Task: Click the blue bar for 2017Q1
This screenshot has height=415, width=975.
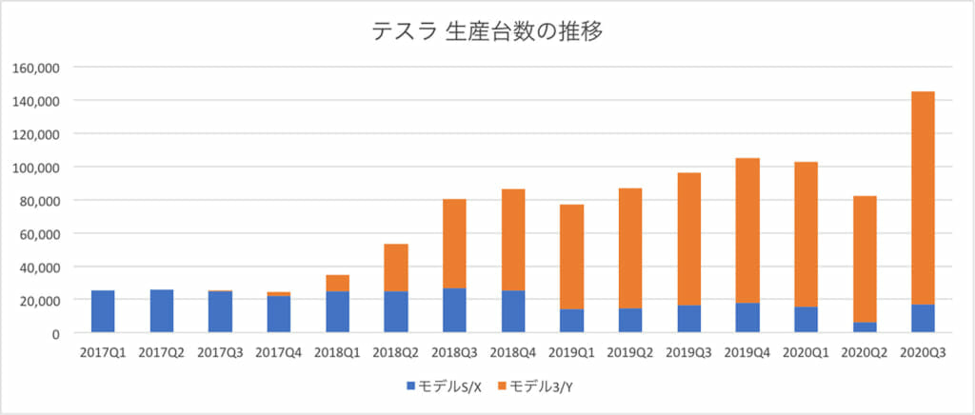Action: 103,311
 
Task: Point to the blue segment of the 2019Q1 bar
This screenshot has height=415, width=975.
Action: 571,321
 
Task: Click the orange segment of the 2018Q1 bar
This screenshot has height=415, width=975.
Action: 337,283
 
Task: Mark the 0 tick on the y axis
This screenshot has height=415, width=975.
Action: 56,333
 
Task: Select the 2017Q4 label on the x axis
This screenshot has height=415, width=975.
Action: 279,353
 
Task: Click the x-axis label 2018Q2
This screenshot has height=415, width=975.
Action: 396,353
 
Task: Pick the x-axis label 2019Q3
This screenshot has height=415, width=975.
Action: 688,353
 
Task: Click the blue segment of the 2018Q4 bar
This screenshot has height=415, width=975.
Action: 513,311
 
